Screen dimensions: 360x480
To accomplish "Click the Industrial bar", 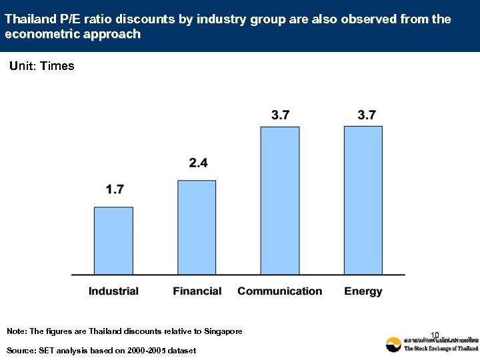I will [113, 240].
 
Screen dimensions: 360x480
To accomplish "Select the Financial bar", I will [197, 227].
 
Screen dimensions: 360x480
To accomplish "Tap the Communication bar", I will [280, 200].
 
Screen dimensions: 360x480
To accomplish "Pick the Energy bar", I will [363, 200].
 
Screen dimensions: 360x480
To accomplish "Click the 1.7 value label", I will [115, 190].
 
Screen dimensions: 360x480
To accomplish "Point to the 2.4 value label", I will [198, 163].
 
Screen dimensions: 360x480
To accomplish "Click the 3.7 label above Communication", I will [281, 115].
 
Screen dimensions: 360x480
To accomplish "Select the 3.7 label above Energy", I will [367, 115].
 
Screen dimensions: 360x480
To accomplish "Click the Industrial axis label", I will [113, 291].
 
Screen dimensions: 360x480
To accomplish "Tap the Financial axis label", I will [197, 291].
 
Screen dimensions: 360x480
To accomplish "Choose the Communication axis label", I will [279, 291].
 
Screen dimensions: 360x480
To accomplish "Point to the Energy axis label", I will [363, 291].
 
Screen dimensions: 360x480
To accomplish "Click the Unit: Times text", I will [41, 66].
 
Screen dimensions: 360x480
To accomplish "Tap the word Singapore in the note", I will [219, 331].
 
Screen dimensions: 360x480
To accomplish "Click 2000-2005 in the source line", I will [145, 351].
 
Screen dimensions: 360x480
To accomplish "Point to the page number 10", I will [435, 335].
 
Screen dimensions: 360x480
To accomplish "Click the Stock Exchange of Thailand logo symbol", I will [393, 345].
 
